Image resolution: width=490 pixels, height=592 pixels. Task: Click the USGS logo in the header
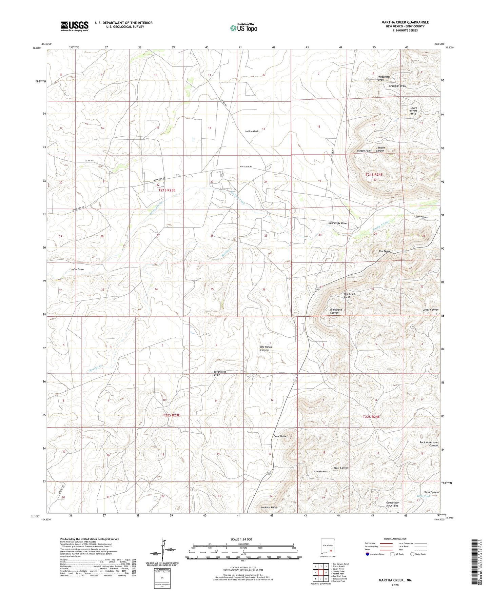click(75, 26)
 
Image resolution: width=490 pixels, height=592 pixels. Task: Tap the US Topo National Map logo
click(243, 28)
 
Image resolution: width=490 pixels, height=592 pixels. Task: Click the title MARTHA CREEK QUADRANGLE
click(405, 22)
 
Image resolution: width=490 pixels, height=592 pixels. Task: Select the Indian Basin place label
click(252, 131)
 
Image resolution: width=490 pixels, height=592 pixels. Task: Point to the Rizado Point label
click(364, 151)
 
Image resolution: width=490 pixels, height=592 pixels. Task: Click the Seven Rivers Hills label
click(413, 111)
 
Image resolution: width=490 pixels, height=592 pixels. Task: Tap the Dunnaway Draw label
click(337, 223)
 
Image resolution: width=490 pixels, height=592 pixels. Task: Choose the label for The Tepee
click(385, 251)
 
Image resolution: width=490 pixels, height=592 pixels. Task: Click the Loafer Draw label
click(76, 269)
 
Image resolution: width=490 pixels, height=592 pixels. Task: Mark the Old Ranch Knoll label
click(350, 296)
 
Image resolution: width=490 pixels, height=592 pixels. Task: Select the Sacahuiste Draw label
click(220, 373)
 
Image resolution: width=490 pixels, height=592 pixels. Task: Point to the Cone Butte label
click(280, 436)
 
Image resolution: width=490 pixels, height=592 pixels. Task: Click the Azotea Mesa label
click(320, 471)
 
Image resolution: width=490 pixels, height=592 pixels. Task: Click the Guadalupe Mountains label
click(392, 504)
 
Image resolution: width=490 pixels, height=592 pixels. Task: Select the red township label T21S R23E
click(167, 190)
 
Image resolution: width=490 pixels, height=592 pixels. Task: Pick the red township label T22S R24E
click(371, 417)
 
